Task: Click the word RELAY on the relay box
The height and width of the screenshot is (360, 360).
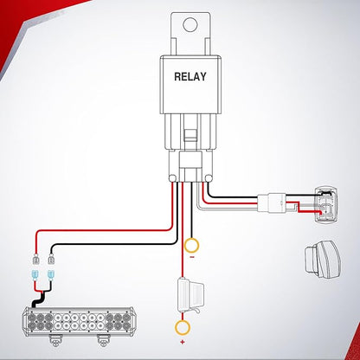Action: (x=190, y=76)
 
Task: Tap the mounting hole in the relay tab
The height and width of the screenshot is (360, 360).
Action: (x=190, y=24)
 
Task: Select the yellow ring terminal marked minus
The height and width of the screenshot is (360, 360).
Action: (x=192, y=246)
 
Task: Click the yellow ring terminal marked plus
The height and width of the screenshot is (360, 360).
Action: (x=183, y=327)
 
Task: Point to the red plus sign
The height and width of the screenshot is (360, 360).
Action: (x=183, y=343)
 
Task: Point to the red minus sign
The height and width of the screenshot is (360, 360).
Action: (x=192, y=257)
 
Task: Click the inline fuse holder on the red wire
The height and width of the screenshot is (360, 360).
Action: (x=190, y=295)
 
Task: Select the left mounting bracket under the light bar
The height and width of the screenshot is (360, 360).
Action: (x=56, y=341)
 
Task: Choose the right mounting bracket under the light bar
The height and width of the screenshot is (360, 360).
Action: (x=104, y=341)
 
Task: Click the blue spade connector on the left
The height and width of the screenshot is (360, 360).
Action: (x=35, y=276)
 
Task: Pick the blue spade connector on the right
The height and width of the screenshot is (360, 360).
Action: (x=51, y=276)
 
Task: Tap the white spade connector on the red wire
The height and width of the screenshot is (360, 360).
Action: (x=35, y=260)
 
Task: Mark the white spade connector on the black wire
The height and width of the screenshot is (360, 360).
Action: (x=51, y=260)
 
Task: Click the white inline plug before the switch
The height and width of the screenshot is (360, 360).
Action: (x=272, y=202)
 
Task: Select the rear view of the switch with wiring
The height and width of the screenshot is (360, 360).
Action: (x=326, y=205)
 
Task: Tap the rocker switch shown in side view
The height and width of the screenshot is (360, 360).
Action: (x=323, y=260)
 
